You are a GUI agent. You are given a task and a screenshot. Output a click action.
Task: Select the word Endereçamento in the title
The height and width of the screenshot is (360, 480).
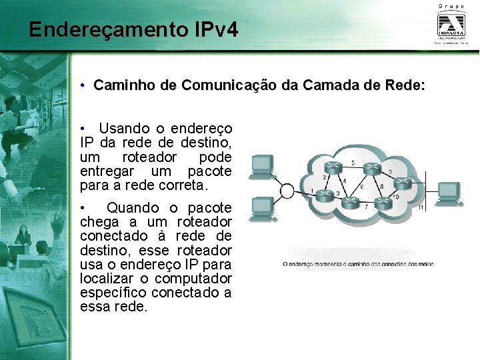(107, 30)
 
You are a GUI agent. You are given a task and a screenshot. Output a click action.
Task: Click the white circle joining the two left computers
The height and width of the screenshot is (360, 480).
(287, 191)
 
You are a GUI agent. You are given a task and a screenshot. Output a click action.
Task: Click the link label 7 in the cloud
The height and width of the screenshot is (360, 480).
(365, 207)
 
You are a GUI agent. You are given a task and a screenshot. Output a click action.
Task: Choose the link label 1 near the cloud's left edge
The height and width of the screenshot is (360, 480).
(312, 190)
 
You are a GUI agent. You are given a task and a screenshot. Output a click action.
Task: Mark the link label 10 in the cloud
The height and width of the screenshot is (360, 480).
(395, 197)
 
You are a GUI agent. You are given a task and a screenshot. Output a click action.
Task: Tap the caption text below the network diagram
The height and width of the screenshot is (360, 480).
(358, 264)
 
